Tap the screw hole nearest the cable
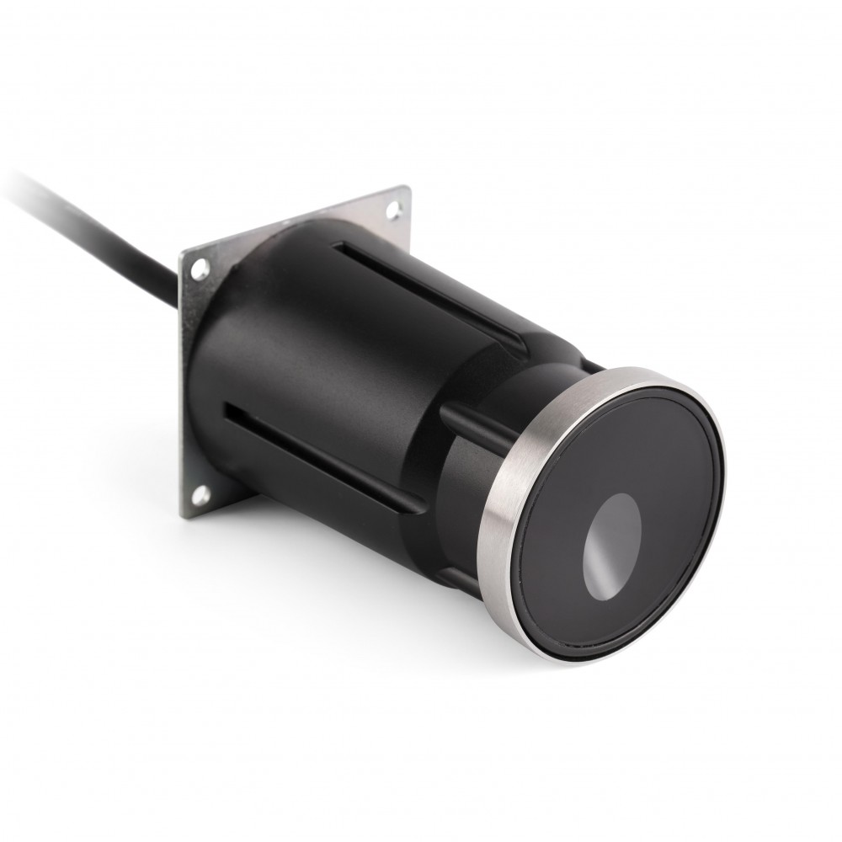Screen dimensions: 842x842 tap(199, 270)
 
